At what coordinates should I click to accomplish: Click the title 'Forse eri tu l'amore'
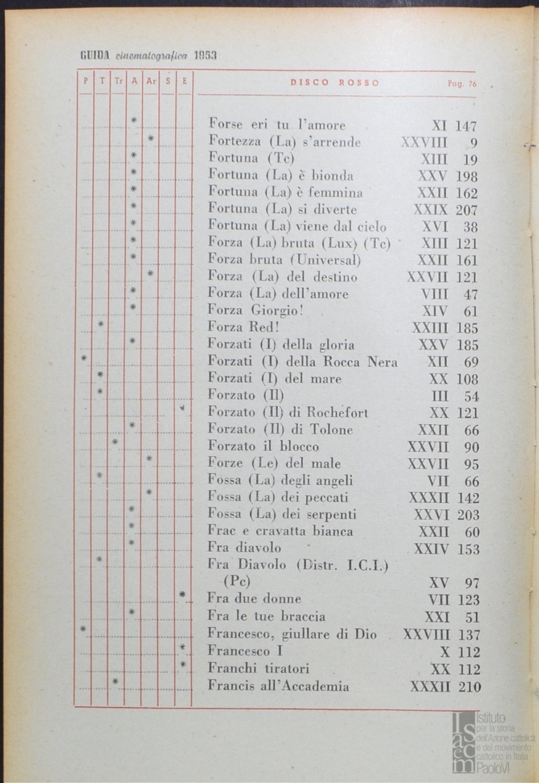pyautogui.click(x=276, y=125)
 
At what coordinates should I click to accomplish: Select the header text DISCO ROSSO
pyautogui.click(x=334, y=83)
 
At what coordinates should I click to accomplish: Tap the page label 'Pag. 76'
pyautogui.click(x=462, y=83)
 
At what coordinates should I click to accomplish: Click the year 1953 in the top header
pyautogui.click(x=205, y=55)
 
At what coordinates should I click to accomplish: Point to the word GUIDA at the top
pyautogui.click(x=94, y=55)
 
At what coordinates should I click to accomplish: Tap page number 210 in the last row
pyautogui.click(x=469, y=686)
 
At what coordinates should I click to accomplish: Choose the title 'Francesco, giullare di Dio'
pyautogui.click(x=292, y=634)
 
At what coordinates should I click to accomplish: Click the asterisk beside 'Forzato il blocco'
pyautogui.click(x=115, y=442)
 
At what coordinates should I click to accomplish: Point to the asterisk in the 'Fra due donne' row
pyautogui.click(x=183, y=596)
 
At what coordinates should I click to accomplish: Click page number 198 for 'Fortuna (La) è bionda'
pyautogui.click(x=467, y=176)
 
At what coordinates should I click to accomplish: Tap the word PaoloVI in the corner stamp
pyautogui.click(x=494, y=767)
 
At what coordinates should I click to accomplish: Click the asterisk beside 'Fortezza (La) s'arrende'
pyautogui.click(x=150, y=138)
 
